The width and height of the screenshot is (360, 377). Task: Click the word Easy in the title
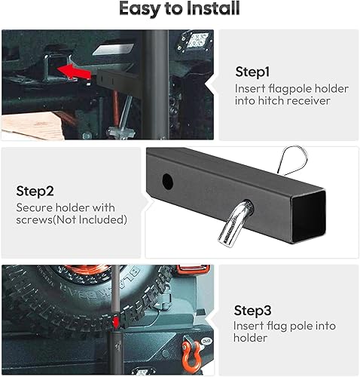coord(141,9)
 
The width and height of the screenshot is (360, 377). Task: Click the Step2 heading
coord(35,191)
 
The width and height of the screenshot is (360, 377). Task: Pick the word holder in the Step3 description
coord(252,339)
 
